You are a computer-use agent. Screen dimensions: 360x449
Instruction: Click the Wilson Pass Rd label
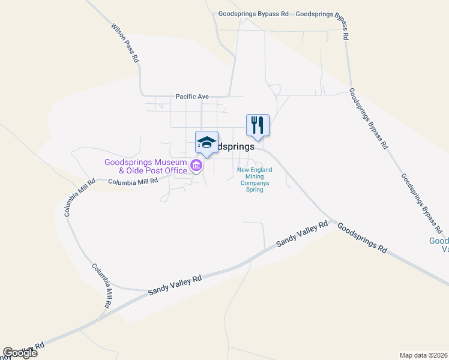[x=125, y=43]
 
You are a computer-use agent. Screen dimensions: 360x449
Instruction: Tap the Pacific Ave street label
[x=192, y=96]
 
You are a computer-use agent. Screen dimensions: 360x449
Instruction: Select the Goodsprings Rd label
[x=361, y=237]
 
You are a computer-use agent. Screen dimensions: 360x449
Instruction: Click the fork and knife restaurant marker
[x=258, y=125]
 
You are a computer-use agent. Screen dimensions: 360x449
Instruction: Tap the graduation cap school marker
[x=206, y=142]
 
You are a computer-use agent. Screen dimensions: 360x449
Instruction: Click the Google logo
[x=20, y=353]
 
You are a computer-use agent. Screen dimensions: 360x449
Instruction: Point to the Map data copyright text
[x=424, y=355]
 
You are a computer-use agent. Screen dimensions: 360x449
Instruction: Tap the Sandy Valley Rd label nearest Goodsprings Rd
[x=302, y=235]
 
